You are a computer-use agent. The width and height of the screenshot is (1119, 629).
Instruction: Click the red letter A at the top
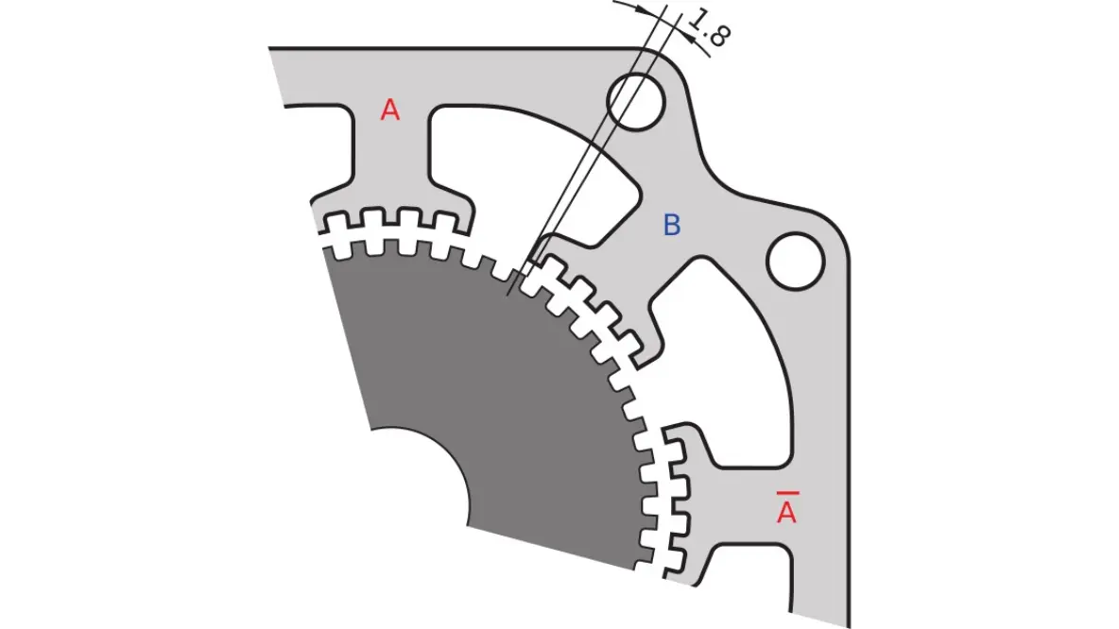click(390, 110)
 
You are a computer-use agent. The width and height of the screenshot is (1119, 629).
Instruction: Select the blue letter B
click(671, 226)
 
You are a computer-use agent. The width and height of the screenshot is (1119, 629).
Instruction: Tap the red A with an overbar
click(786, 513)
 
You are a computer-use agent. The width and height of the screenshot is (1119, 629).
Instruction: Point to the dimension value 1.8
click(710, 28)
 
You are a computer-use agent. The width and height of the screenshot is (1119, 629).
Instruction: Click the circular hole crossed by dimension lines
click(635, 100)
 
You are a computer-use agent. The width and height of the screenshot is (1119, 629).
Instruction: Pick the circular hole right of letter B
click(795, 260)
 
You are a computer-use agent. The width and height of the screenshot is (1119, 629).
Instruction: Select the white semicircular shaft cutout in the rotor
click(416, 477)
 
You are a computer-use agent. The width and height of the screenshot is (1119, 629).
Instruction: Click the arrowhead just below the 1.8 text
click(700, 49)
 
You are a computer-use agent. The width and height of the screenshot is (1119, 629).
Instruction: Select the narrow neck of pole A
click(391, 161)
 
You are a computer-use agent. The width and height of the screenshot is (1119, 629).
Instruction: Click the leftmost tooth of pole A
click(334, 227)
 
